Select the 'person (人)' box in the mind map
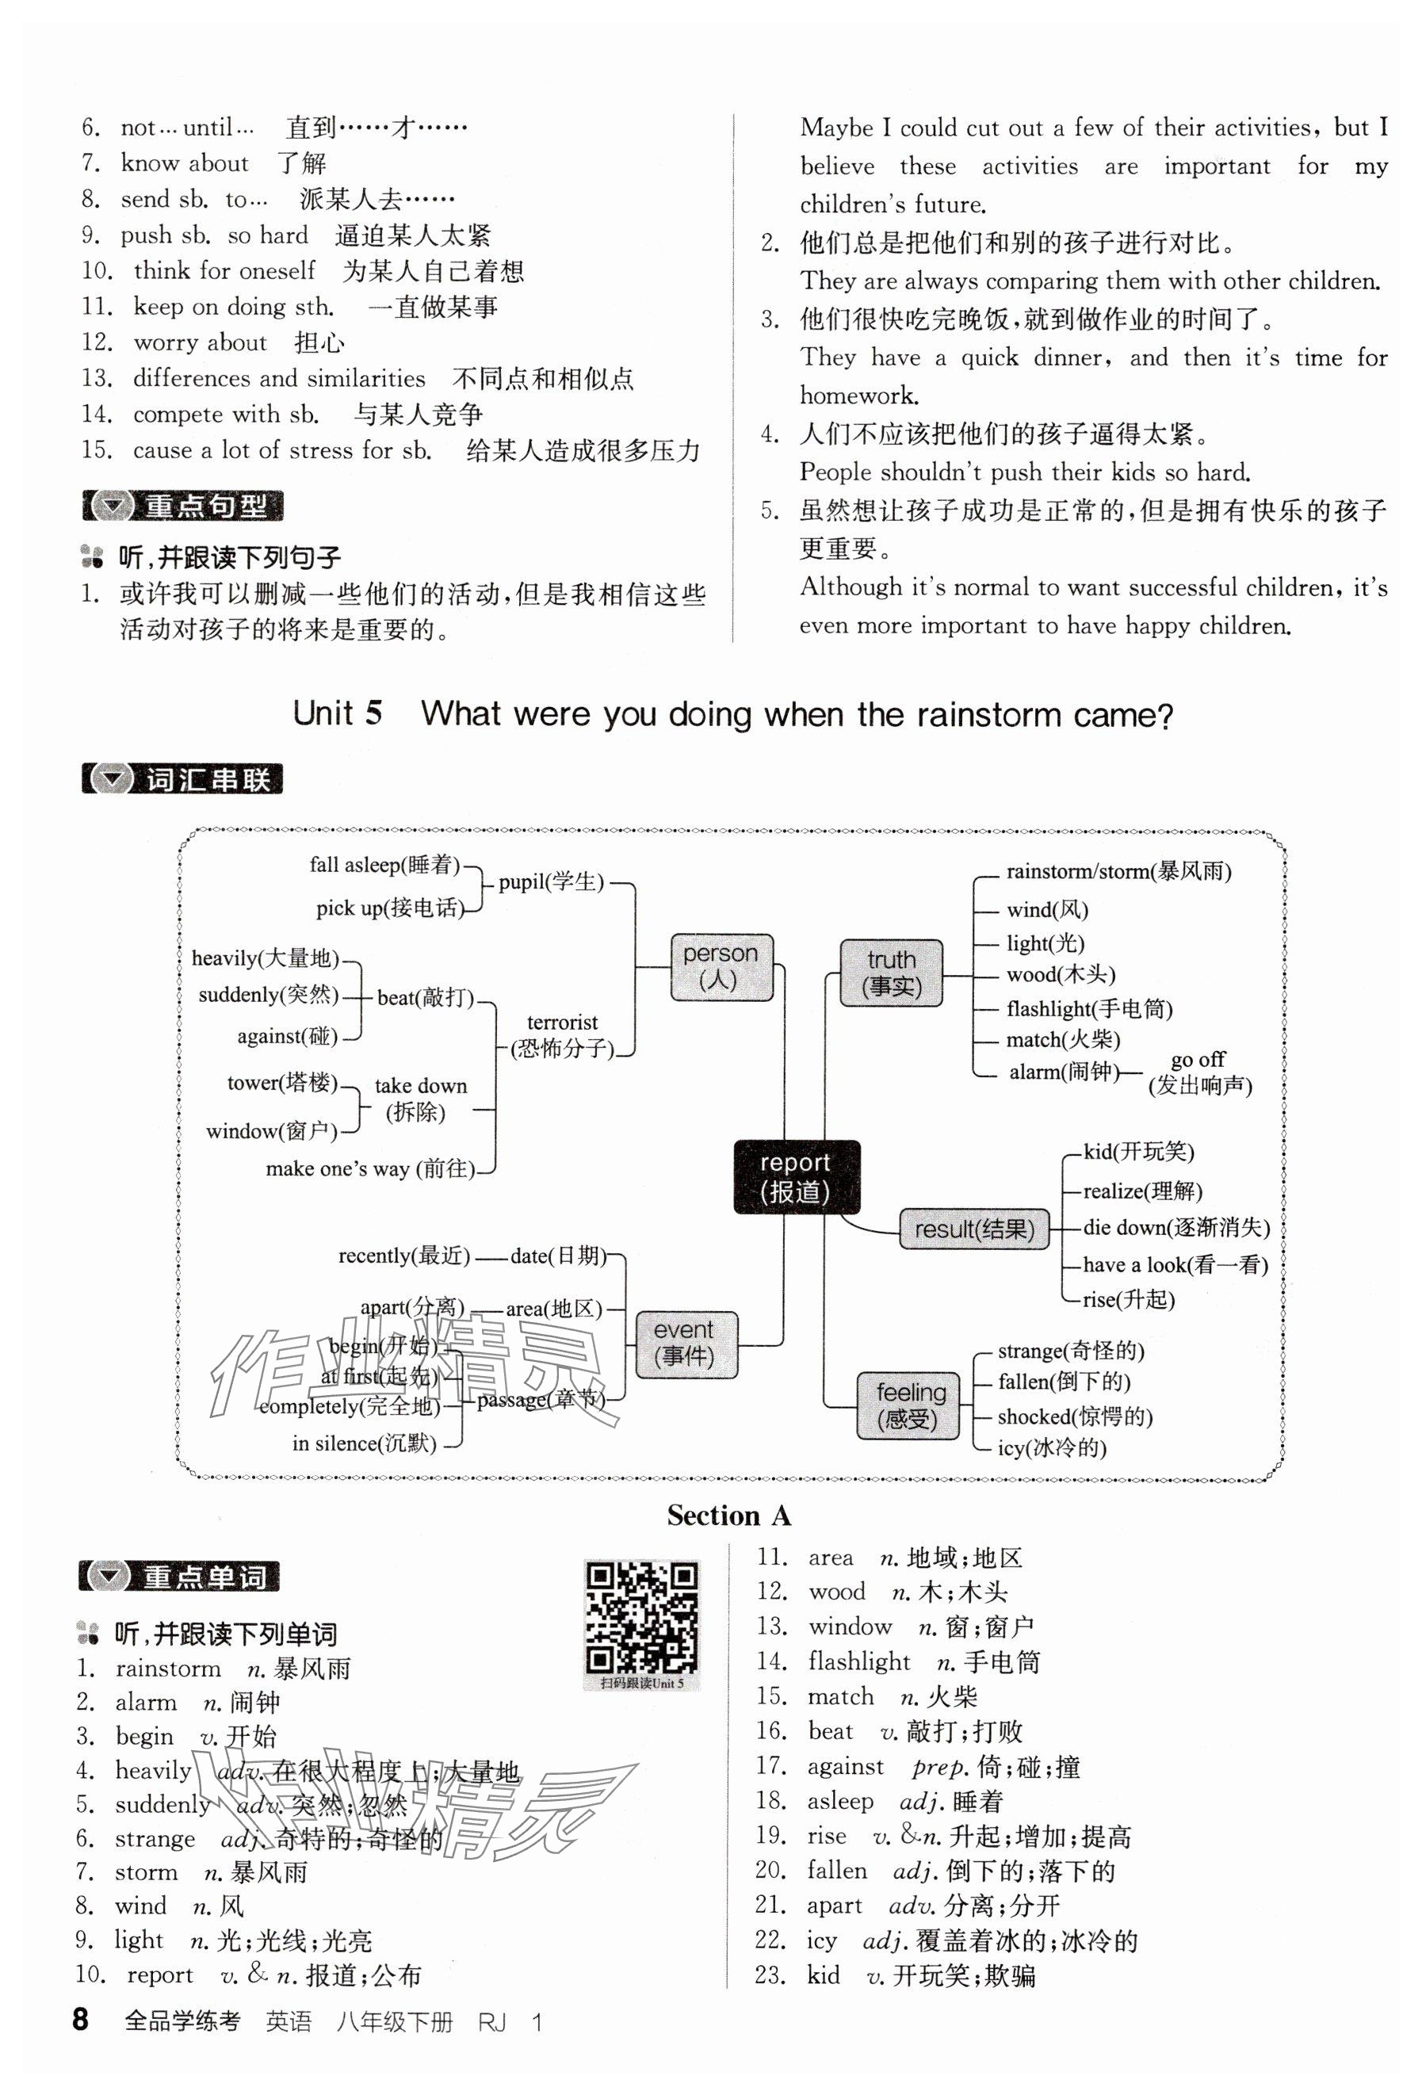point(721,966)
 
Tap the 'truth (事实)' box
point(891,973)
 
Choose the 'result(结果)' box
point(974,1229)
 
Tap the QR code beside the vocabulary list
point(641,1619)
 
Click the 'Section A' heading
point(728,1516)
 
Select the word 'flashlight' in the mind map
point(1048,1009)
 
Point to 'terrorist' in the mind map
point(562,1023)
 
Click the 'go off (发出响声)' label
point(1199,1072)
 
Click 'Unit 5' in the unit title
point(337,713)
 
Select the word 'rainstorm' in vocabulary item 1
point(168,1669)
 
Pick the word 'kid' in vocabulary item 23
point(824,1975)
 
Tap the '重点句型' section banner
point(182,506)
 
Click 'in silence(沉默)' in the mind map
point(363,1443)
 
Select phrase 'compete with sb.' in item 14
point(225,414)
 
